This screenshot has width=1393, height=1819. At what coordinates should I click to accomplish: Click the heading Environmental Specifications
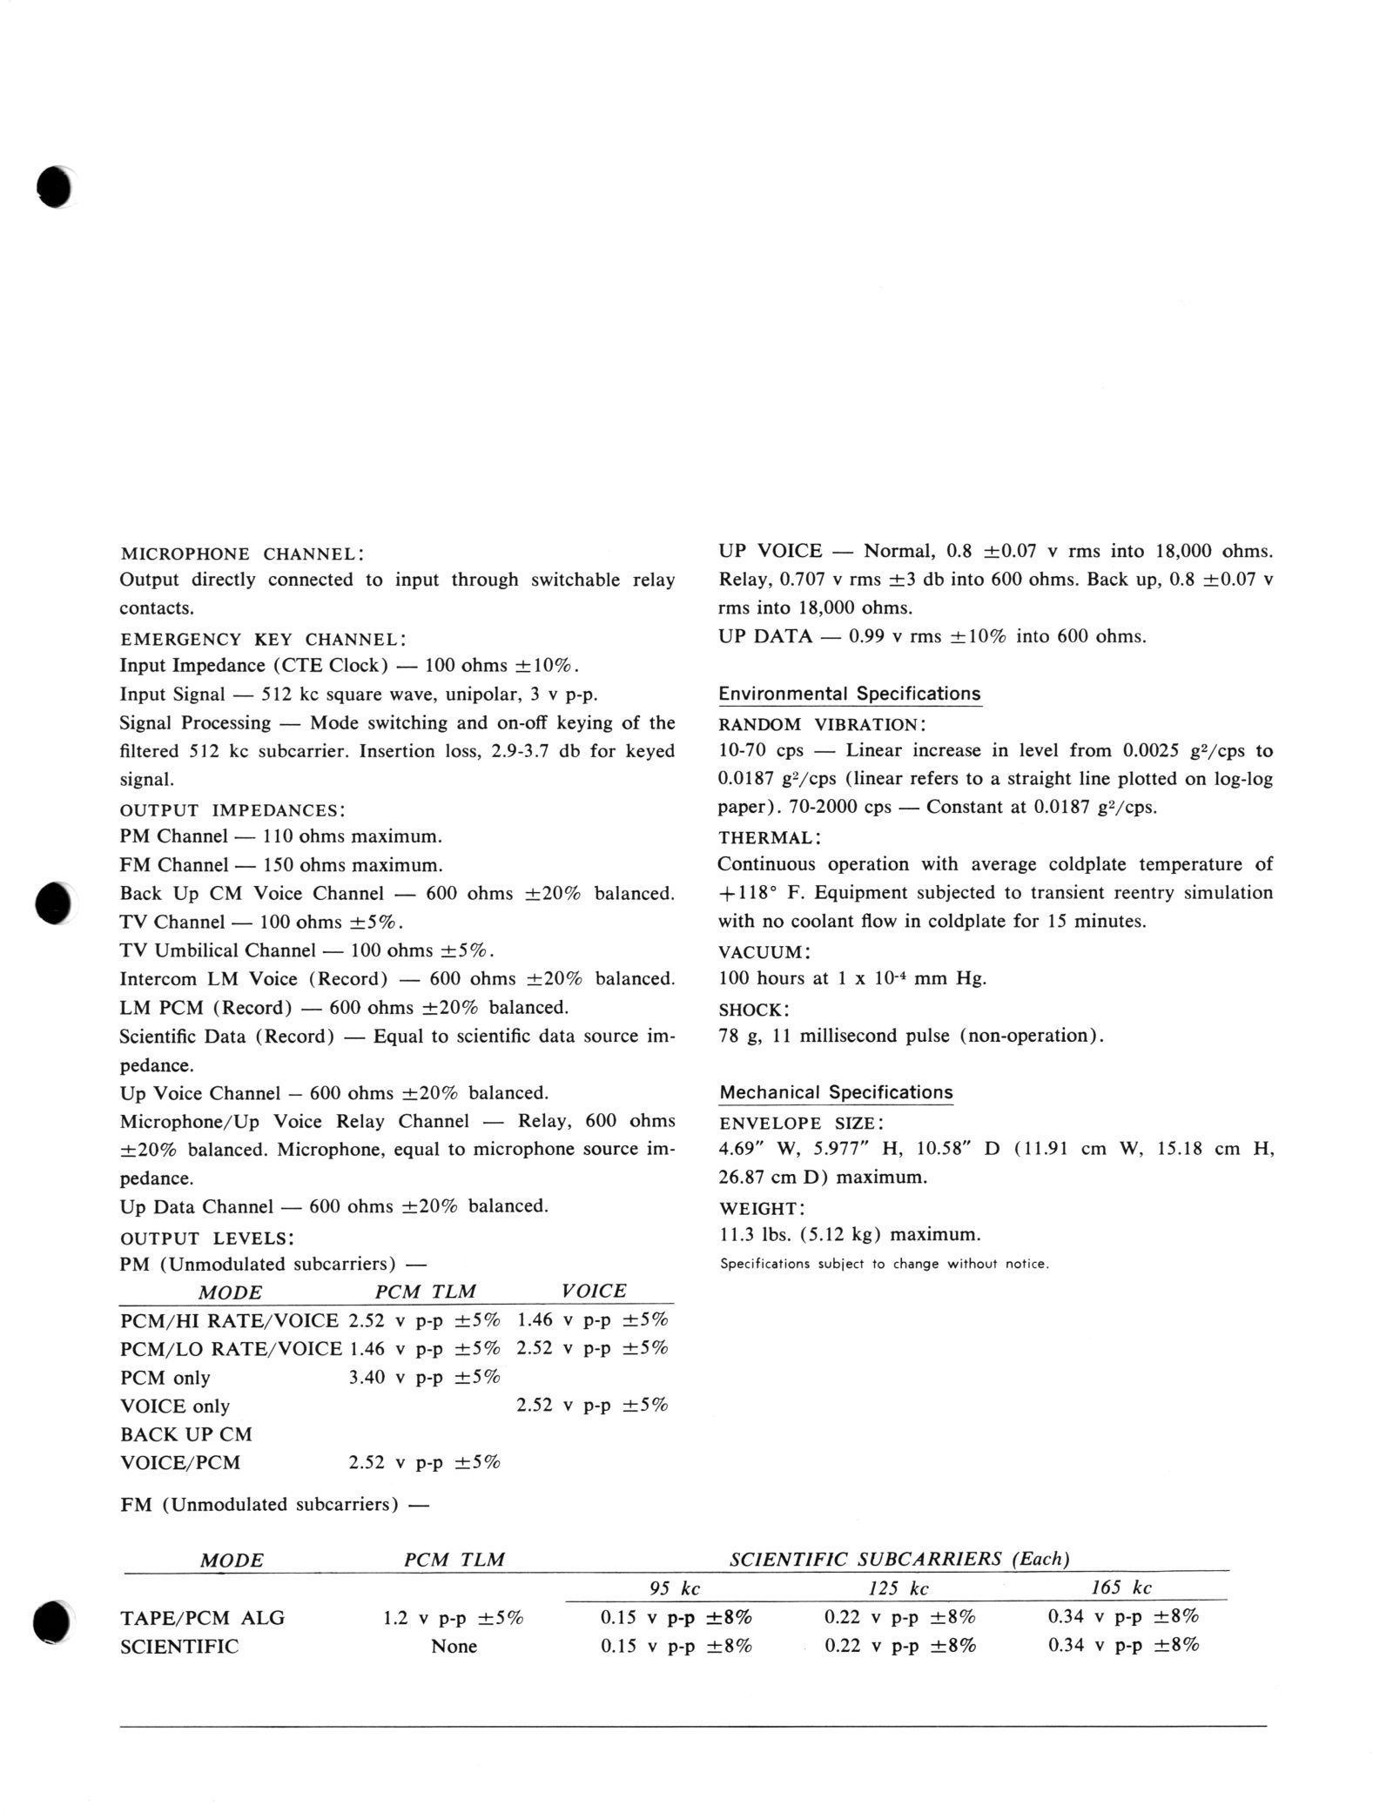849,694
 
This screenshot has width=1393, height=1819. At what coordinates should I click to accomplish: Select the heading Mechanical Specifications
836,1092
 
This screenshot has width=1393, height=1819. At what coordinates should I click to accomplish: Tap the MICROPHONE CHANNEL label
241,554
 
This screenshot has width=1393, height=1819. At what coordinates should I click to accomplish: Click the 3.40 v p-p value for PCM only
424,1377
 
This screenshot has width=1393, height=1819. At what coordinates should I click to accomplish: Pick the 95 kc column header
675,1588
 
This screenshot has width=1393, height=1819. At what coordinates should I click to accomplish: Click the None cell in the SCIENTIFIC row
454,1646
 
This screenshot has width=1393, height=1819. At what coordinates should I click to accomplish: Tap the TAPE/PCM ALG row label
202,1618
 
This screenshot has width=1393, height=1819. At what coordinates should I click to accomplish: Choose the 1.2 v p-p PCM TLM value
453,1618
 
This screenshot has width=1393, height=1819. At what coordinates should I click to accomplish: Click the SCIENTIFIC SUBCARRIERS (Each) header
899,1559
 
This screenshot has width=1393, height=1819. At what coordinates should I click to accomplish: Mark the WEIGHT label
762,1208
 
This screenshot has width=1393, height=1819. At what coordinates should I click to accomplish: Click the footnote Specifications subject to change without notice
884,1264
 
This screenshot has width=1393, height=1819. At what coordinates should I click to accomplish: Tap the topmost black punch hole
54,186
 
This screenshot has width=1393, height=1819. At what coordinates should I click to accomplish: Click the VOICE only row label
174,1406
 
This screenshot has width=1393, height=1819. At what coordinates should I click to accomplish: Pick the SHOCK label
753,1010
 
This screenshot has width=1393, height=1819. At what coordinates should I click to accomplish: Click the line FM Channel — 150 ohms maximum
280,865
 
